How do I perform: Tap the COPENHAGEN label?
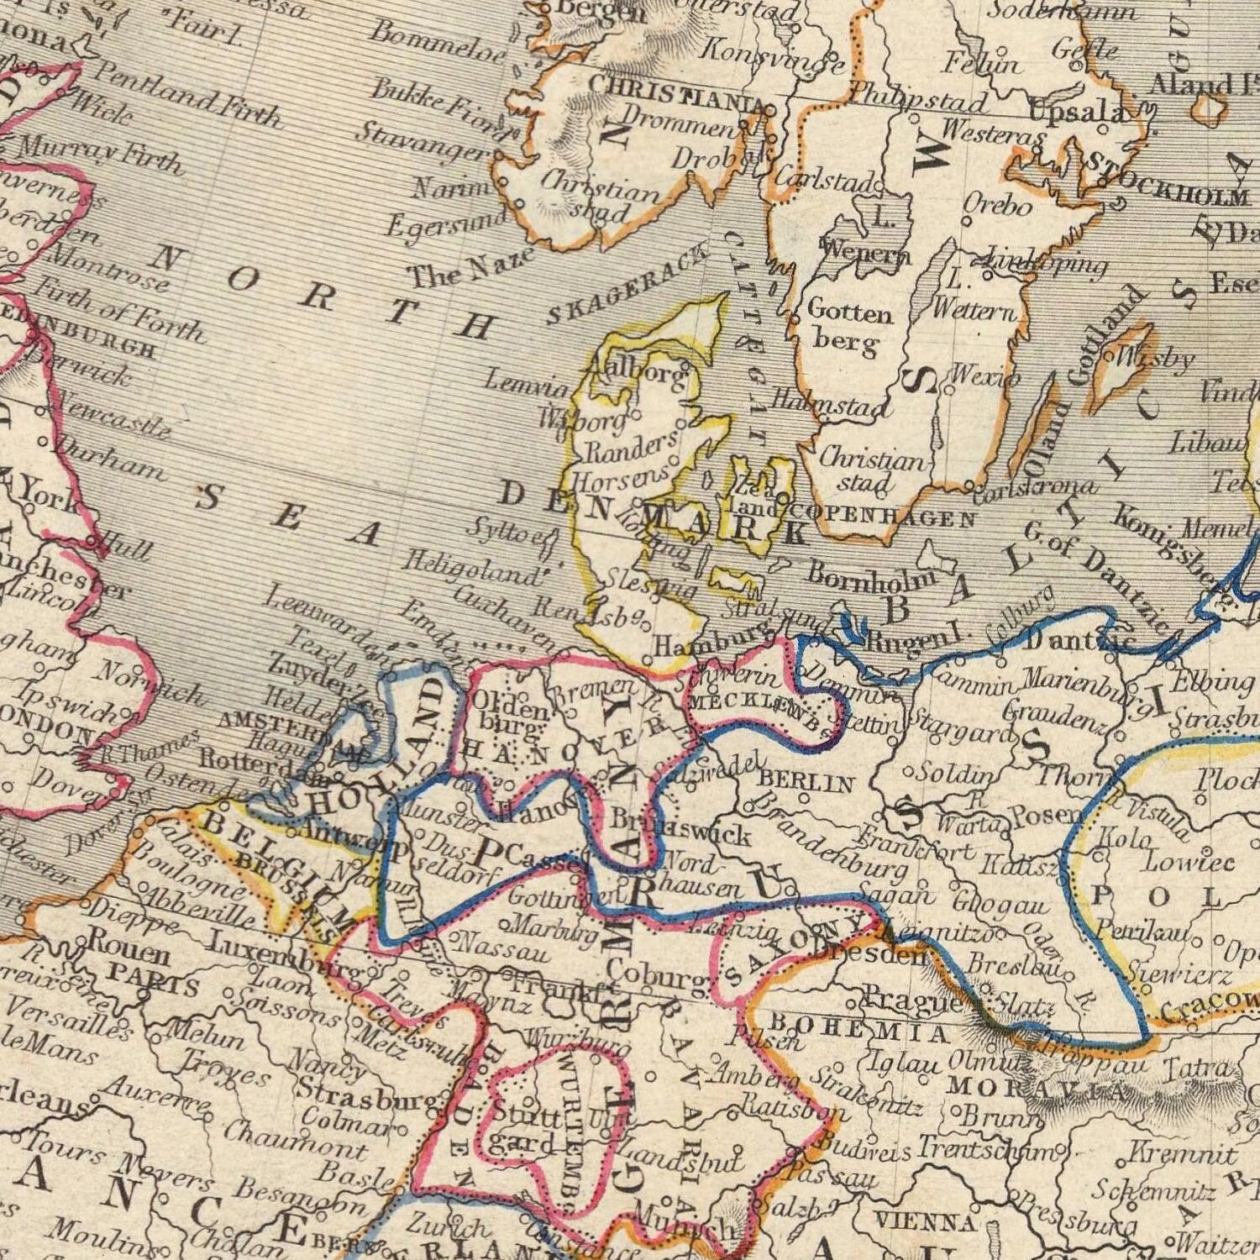[x=882, y=514]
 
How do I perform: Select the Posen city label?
[x=1045, y=814]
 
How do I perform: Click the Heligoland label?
[x=470, y=570]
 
